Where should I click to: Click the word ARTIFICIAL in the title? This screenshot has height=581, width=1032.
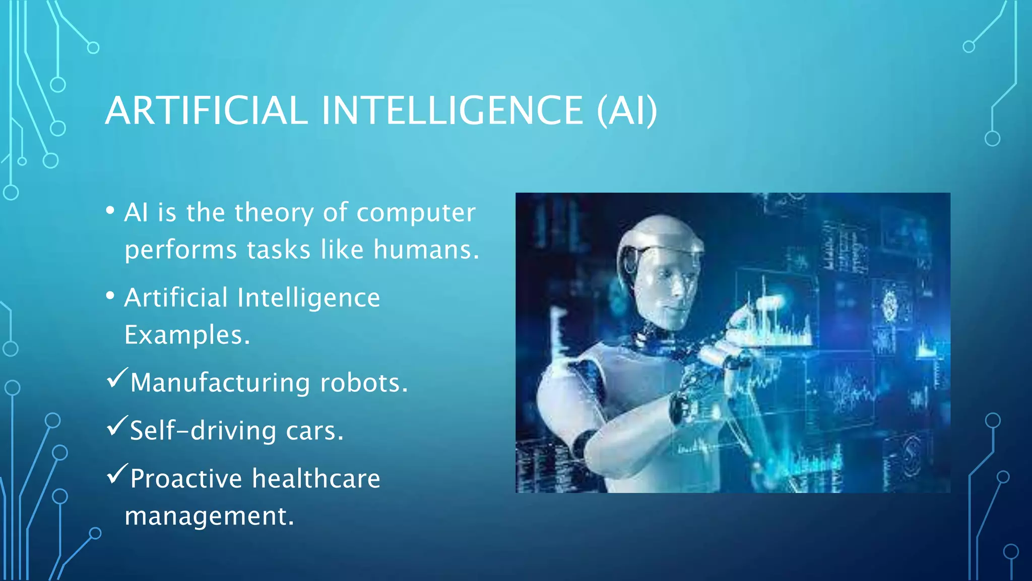point(207,111)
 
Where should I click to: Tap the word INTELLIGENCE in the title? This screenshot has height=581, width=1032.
point(452,111)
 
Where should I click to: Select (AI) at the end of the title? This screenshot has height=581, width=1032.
point(627,111)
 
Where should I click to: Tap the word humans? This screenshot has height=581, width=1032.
point(426,250)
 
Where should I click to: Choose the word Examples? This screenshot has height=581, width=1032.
point(187,335)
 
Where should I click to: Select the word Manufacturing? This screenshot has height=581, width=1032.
point(220,383)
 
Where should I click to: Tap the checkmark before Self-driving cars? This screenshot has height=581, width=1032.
point(117,426)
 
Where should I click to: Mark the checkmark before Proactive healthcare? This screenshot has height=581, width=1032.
point(117,474)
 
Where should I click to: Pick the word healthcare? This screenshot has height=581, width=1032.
point(316,478)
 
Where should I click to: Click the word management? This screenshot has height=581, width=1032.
point(209,516)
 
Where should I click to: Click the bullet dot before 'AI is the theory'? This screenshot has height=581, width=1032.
point(110,211)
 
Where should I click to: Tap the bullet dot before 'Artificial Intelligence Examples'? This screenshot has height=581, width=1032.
point(110,296)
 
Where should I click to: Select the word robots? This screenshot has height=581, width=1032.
point(363,383)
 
